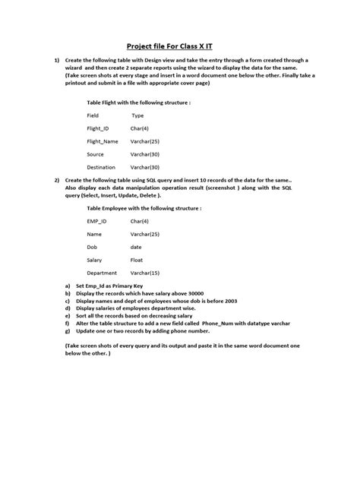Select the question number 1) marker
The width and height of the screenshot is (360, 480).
pos(57,60)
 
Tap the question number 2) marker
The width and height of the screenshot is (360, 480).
pos(57,179)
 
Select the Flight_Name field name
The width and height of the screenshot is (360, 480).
pos(103,141)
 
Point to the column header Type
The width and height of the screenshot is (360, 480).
pos(137,115)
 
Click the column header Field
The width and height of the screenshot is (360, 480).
pos(93,115)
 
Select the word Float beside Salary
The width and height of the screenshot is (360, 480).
pos(138,260)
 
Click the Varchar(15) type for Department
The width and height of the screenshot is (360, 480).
pos(145,273)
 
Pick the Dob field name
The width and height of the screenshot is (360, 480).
pos(92,247)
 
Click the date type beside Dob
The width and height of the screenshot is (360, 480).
pos(137,247)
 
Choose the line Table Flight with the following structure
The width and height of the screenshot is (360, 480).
pos(138,101)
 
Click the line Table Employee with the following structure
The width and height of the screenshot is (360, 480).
pos(144,207)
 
